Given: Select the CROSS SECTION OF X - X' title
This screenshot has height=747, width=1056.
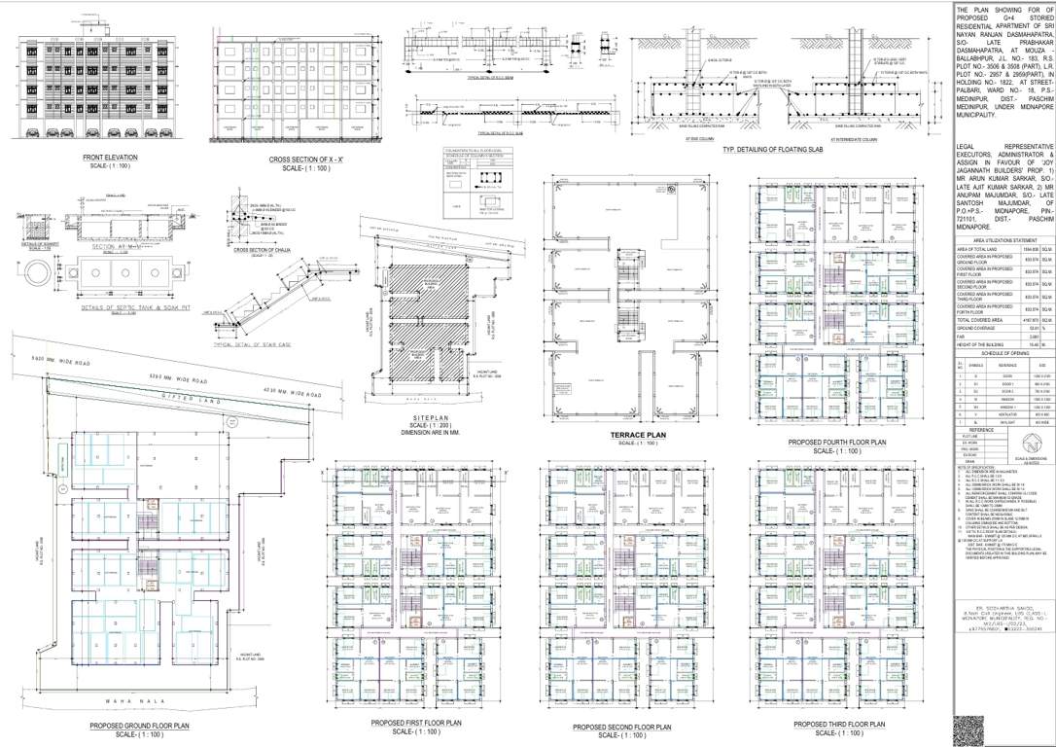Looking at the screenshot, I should point(307,159).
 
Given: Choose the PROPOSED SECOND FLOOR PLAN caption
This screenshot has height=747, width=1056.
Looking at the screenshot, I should point(622,727).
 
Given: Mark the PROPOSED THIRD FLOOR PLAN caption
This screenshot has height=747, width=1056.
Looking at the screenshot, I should point(840,725).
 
